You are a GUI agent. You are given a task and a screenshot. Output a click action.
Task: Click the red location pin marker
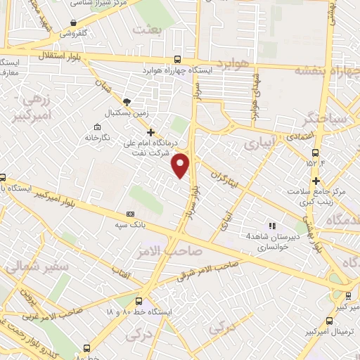pyautogui.click(x=181, y=165)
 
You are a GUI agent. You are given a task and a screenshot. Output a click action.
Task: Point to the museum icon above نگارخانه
pyautogui.click(x=96, y=127)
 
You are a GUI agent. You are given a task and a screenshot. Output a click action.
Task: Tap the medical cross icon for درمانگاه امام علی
pyautogui.click(x=150, y=131)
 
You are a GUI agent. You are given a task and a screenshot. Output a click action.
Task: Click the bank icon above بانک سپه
pyautogui.click(x=130, y=213)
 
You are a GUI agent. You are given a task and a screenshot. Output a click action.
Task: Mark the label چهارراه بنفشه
pyautogui.click(x=326, y=69)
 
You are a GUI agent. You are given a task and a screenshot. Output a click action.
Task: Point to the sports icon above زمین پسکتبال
pyautogui.click(x=127, y=101)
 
